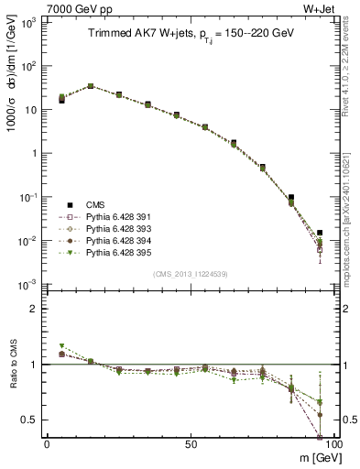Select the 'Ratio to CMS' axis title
pyautogui.click(x=13, y=379)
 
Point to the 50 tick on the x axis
pyautogui.click(x=190, y=443)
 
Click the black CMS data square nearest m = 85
pyautogui.click(x=291, y=197)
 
